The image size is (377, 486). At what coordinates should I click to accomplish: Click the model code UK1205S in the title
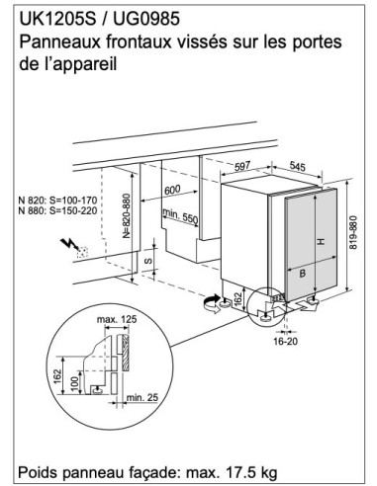coord(57,19)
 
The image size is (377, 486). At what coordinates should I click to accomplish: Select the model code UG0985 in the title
coord(146,19)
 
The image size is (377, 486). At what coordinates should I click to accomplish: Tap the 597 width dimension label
coord(242,166)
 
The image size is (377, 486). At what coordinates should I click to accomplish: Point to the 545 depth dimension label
coord(298,166)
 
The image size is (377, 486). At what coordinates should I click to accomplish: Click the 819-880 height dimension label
coord(353,232)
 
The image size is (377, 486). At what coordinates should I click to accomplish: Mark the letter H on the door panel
coord(321,242)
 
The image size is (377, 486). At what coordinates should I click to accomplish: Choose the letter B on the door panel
coord(302,273)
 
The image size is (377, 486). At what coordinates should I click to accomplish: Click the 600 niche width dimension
coord(172,190)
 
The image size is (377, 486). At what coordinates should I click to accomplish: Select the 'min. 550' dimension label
coord(180,216)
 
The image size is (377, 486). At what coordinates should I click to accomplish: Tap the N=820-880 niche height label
coord(127,215)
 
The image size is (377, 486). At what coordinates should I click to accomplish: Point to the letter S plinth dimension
coord(148,261)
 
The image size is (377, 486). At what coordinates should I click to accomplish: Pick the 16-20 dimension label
coord(285,341)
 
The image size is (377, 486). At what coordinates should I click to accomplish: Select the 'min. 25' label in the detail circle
coord(142,397)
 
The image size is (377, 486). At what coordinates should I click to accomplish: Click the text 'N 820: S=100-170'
coord(57,201)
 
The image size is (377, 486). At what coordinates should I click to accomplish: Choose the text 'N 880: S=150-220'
coord(57,210)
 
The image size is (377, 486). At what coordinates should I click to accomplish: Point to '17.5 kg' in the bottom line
coord(251,473)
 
